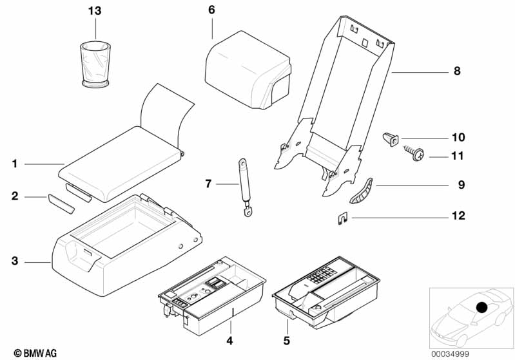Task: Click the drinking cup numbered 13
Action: coord(95,64)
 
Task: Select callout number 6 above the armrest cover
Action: coord(211,10)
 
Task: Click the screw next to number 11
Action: coord(414,153)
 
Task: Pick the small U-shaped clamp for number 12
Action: coord(342,218)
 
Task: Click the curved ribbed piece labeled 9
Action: coord(362,191)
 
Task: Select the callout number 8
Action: coord(457,71)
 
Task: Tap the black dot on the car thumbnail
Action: coord(481,307)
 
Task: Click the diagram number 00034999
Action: coord(450,354)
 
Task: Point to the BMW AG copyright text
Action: coord(35,353)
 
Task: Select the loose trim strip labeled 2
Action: coord(61,204)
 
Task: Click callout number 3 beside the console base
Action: coord(15,261)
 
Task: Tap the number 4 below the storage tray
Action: coord(229,341)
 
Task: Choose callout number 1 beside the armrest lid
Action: coord(14,164)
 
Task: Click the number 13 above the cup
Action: coord(95,11)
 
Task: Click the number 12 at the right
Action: coord(458,216)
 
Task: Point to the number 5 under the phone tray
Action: coord(287,341)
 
